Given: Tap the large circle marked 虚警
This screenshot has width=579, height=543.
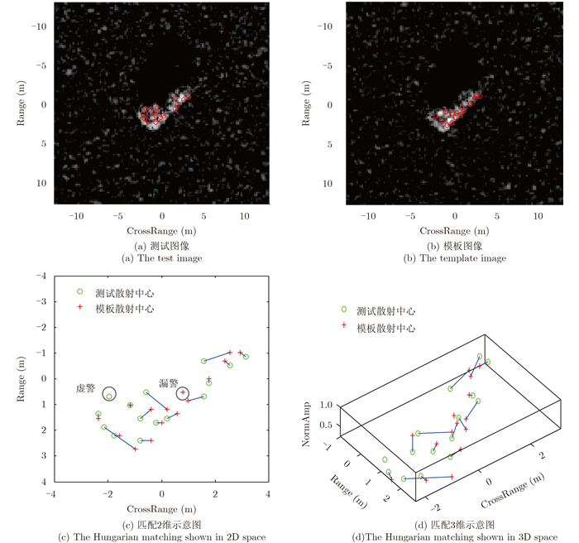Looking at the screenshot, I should pos(109,395).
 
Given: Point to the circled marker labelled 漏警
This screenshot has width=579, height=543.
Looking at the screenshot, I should pos(182,392).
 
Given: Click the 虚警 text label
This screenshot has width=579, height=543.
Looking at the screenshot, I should pos(85,387).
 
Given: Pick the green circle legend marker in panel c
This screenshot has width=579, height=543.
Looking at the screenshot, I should pos(80,291).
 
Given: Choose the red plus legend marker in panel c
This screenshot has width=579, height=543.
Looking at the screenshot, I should pos(80,308).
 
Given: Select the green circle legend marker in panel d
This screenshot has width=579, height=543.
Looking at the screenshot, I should pos(344,311).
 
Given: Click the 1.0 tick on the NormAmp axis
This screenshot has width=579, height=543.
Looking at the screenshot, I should pos(324,405).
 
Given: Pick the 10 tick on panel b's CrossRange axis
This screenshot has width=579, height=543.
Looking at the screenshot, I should pos(538,216).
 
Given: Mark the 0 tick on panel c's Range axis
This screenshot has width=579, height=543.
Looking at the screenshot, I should pos(43,378).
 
